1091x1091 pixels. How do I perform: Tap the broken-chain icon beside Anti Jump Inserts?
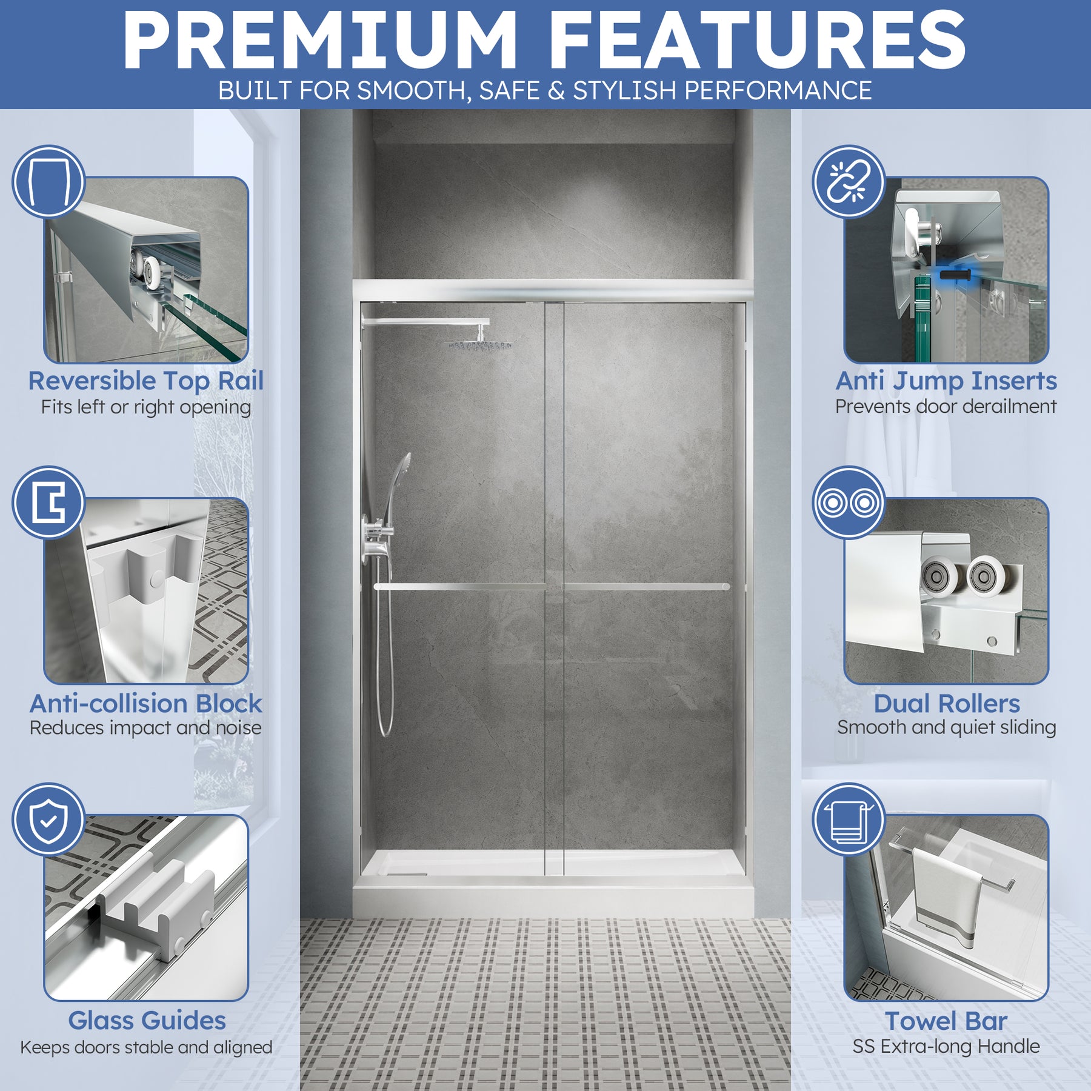click(849, 181)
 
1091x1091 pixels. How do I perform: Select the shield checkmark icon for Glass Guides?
click(48, 819)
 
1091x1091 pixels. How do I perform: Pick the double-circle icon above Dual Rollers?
click(849, 502)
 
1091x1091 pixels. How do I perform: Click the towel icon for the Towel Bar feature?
click(849, 819)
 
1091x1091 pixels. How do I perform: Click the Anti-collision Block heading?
click(146, 704)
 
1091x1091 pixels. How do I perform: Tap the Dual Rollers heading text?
click(947, 704)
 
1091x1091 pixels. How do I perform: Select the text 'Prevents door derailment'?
click(946, 406)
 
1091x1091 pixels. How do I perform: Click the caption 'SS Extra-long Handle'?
click(946, 1047)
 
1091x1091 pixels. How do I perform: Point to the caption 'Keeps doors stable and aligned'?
click(146, 1047)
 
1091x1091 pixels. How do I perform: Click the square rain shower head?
click(480, 344)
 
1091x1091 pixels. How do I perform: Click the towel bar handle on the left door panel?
click(459, 587)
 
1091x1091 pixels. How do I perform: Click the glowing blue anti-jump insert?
click(955, 275)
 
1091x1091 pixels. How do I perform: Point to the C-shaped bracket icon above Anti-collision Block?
click(48, 502)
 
